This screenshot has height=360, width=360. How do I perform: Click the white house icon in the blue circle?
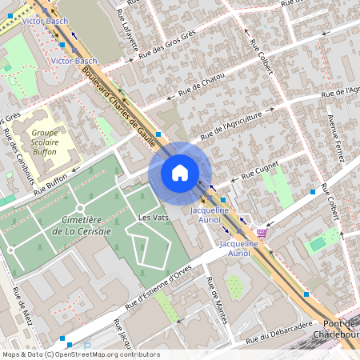click(179, 173)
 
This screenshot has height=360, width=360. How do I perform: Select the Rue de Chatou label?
click(201, 85)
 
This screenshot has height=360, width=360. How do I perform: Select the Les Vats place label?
click(152, 218)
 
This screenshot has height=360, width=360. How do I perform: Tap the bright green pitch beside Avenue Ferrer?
click(318, 242)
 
